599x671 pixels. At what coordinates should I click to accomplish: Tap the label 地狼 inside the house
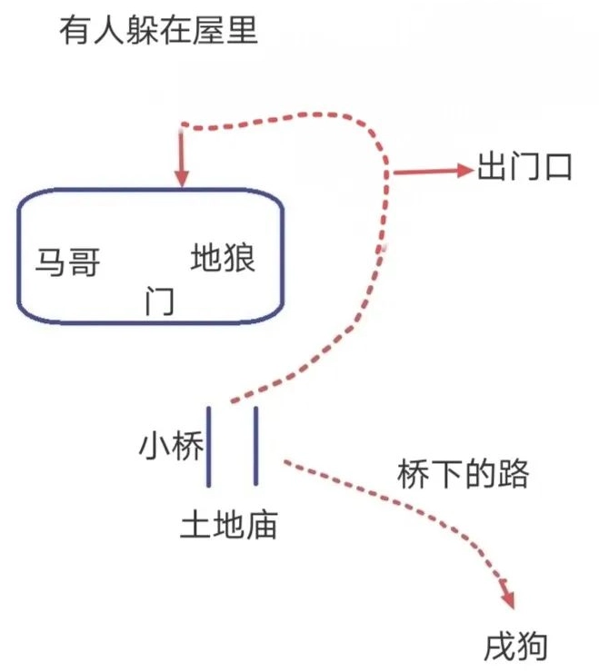tap(224, 259)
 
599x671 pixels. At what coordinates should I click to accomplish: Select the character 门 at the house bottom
tap(160, 301)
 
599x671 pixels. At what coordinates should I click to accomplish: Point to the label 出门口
tap(524, 168)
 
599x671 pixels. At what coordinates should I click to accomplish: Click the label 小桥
tap(171, 446)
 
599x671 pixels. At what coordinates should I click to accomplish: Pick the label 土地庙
tap(229, 524)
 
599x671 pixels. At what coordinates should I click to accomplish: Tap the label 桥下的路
tap(464, 473)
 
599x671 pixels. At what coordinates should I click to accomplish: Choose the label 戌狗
tap(517, 646)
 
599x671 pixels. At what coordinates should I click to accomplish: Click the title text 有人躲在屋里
tap(158, 33)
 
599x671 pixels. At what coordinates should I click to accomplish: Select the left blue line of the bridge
tap(211, 446)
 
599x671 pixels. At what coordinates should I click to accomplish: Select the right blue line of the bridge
tap(256, 446)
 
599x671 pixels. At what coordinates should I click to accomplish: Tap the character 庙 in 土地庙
tap(262, 524)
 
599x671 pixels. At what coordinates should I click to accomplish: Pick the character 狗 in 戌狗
tap(534, 646)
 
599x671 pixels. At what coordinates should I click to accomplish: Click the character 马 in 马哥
tap(52, 263)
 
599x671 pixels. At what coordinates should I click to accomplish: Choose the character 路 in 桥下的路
tap(514, 473)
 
